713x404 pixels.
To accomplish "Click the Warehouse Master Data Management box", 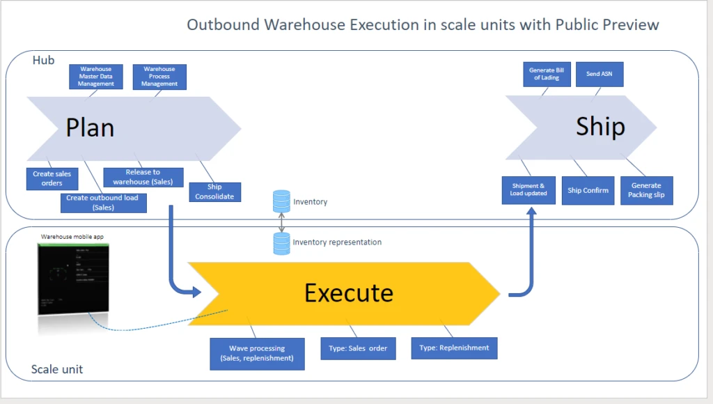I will click(96, 77).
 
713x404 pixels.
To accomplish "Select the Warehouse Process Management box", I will click(159, 77).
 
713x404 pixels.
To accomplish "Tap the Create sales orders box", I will click(52, 178).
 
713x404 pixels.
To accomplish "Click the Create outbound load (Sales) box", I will click(102, 202).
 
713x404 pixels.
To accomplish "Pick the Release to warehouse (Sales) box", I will click(143, 177).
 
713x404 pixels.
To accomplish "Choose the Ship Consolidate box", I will click(214, 192).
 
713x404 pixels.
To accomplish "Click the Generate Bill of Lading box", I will click(547, 74).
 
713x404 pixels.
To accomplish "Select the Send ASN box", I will click(600, 74).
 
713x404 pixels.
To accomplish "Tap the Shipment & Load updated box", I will click(529, 189).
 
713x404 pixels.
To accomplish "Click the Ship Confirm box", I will click(588, 190).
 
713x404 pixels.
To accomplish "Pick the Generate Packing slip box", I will click(646, 190).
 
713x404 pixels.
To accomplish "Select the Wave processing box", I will click(257, 352).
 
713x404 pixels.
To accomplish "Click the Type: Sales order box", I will click(358, 348).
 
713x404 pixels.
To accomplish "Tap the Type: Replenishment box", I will click(454, 348).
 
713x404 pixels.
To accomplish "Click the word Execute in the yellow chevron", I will click(348, 293).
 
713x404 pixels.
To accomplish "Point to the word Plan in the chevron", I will click(90, 128).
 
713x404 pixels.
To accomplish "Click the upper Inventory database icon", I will click(281, 202).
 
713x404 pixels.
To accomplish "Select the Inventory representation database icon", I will click(281, 243).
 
